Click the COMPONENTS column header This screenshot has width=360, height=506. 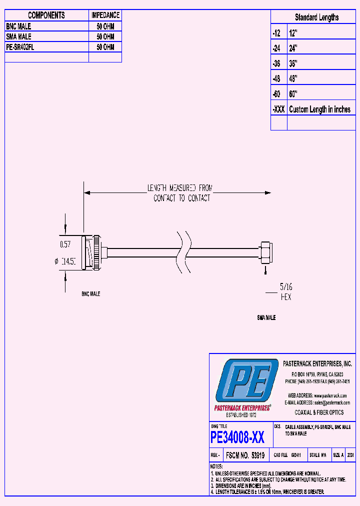[x=46, y=15]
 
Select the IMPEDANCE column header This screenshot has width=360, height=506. [x=105, y=15]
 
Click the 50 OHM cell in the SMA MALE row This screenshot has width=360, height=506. [x=105, y=36]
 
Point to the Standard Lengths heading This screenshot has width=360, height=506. [x=316, y=17]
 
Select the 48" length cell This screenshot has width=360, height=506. [x=293, y=78]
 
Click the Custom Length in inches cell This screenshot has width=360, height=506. [x=320, y=109]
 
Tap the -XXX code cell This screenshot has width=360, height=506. [x=278, y=109]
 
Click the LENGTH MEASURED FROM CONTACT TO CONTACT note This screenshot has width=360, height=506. [x=180, y=193]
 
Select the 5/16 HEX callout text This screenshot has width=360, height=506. [x=285, y=292]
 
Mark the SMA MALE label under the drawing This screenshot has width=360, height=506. [x=266, y=317]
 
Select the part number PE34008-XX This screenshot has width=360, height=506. [x=237, y=438]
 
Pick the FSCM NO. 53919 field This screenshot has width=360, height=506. [x=244, y=455]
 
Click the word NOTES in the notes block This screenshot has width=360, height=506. [x=218, y=466]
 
